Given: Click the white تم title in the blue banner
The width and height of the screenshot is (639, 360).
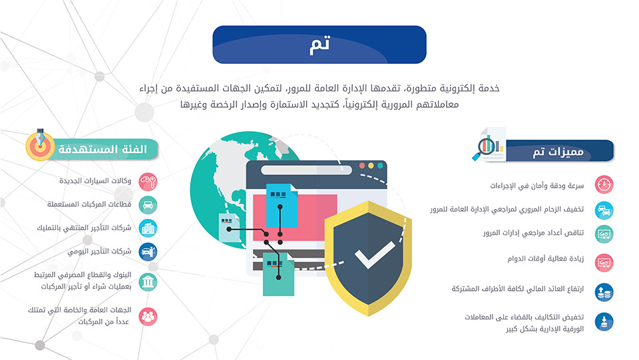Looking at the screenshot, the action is coord(320,45).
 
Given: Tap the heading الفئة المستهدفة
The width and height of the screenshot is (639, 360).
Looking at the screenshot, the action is coord(103,149).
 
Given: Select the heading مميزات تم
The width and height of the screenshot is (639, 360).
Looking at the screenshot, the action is coord(558,152).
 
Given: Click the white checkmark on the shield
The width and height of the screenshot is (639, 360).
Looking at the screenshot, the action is coord(375,255).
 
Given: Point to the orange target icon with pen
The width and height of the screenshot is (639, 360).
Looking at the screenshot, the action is coord(40,144).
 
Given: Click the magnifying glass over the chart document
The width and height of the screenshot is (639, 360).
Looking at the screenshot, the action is coord(484,148).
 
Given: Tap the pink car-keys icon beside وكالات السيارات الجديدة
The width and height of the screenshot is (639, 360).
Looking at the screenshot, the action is coord(148,182).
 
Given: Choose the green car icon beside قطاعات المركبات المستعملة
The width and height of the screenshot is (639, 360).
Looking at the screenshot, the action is coord(148,205).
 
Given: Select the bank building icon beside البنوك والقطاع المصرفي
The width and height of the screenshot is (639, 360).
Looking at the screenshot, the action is coord(148,281).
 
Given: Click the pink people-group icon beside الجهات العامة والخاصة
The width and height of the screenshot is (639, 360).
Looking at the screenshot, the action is coord(148,317).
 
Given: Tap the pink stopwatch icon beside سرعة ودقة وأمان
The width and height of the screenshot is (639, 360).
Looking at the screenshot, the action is coord(604,184).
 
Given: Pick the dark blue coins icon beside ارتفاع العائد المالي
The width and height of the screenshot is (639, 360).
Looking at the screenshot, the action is coord(604,292).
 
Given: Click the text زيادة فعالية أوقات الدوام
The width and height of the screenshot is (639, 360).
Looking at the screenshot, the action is coord(546,259).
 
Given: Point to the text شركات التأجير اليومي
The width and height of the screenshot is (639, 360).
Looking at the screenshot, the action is coord(99,252).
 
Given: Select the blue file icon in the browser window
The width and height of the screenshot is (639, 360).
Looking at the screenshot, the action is coord(282,205).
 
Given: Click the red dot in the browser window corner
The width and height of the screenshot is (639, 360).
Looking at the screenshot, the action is coord(362,166).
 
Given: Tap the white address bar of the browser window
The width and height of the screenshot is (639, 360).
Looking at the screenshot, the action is coord(306,170).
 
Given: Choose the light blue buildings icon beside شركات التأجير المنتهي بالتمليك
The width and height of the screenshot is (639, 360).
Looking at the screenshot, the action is coord(148,228).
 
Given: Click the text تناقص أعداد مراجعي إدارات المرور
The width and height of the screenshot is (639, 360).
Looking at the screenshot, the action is coord(533,232).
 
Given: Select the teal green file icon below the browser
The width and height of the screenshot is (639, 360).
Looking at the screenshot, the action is coord(278,274).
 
